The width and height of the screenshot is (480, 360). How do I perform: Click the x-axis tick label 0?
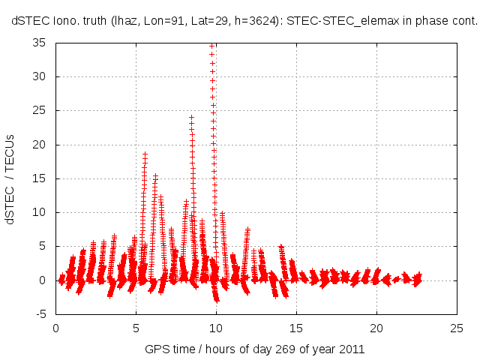click(x=55, y=328)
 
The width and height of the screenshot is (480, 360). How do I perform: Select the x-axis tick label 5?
click(x=136, y=328)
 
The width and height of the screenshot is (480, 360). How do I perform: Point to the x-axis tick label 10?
click(x=216, y=328)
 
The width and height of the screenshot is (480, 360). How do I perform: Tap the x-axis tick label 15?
click(x=296, y=328)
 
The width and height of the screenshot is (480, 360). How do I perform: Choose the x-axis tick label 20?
click(x=376, y=328)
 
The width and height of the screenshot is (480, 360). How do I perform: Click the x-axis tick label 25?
click(x=457, y=328)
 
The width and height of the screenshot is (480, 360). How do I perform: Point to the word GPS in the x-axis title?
click(x=157, y=349)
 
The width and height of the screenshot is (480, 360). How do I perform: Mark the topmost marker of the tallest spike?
click(x=212, y=46)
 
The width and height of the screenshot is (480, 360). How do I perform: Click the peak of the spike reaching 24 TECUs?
click(x=191, y=117)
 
